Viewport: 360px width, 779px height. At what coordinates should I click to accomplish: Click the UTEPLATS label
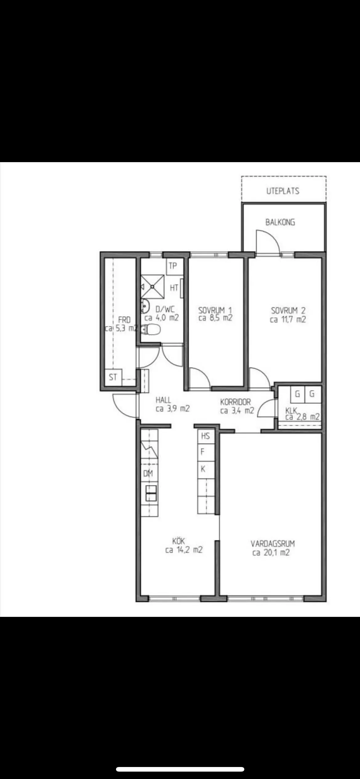pos(283,191)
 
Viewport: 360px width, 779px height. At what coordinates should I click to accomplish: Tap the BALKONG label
pos(280,222)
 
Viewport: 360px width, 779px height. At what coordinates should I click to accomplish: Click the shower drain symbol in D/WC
pos(152,286)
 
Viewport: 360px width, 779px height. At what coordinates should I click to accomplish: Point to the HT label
pos(174,288)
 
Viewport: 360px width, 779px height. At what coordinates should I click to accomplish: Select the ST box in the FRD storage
pos(113,377)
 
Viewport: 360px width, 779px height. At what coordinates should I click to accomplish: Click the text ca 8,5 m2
pos(215,318)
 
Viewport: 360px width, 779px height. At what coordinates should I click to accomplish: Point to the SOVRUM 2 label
pos(288,310)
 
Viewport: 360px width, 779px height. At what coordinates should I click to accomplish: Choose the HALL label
pos(163,400)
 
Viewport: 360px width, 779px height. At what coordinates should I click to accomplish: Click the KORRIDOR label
pos(235,401)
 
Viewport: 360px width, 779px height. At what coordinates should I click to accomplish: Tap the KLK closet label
pos(291,410)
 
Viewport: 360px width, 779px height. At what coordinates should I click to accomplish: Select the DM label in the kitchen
pos(148,473)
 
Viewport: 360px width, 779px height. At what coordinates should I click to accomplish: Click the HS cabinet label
pos(206,436)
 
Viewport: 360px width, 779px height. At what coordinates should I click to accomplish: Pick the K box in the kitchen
pos(206,469)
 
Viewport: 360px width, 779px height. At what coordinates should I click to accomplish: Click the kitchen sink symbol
pos(151,493)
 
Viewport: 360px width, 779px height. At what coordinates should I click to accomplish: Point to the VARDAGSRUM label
pos(273,543)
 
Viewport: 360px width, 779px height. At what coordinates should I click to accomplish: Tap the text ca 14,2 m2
pos(184,550)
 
